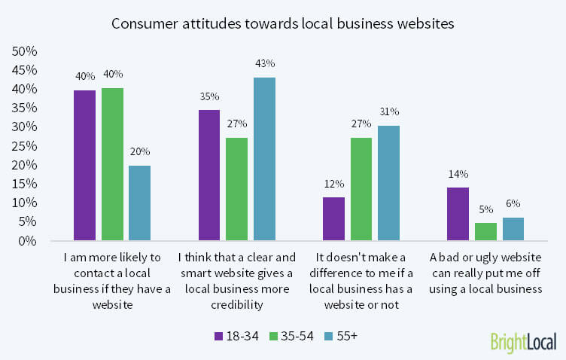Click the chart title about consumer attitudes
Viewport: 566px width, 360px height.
[282, 23]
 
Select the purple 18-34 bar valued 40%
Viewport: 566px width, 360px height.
[84, 165]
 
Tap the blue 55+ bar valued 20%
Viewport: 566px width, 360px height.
[139, 203]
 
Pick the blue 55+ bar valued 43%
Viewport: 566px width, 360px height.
[264, 159]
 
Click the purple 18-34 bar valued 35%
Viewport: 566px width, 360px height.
[208, 175]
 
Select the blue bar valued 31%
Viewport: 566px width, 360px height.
[388, 182]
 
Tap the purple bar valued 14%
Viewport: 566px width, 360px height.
[458, 214]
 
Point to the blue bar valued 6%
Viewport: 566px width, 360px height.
[513, 229]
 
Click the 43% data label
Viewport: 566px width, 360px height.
[264, 69]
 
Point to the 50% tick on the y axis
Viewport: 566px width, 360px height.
[23, 51]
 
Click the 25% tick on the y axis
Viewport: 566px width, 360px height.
[23, 146]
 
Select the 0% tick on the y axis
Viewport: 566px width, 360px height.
[26, 241]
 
